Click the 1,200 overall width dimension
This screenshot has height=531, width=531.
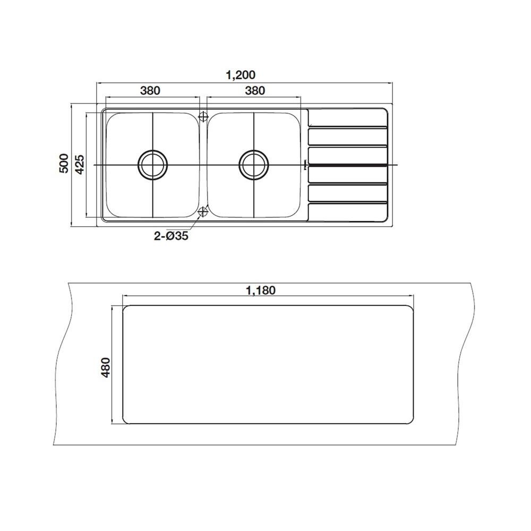pyautogui.click(x=241, y=75)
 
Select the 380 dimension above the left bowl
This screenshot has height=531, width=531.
pyautogui.click(x=150, y=90)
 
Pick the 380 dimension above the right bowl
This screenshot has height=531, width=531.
pyautogui.click(x=255, y=90)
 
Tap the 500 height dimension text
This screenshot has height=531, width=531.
pyautogui.click(x=64, y=163)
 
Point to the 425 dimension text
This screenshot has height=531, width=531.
pyautogui.click(x=80, y=164)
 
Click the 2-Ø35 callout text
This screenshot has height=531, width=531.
pyautogui.click(x=171, y=236)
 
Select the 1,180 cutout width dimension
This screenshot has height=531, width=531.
pyautogui.click(x=261, y=290)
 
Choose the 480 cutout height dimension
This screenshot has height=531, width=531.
pyautogui.click(x=106, y=368)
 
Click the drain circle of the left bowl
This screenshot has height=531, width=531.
pyautogui.click(x=152, y=165)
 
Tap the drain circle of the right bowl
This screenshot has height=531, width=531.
pyautogui.click(x=254, y=165)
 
